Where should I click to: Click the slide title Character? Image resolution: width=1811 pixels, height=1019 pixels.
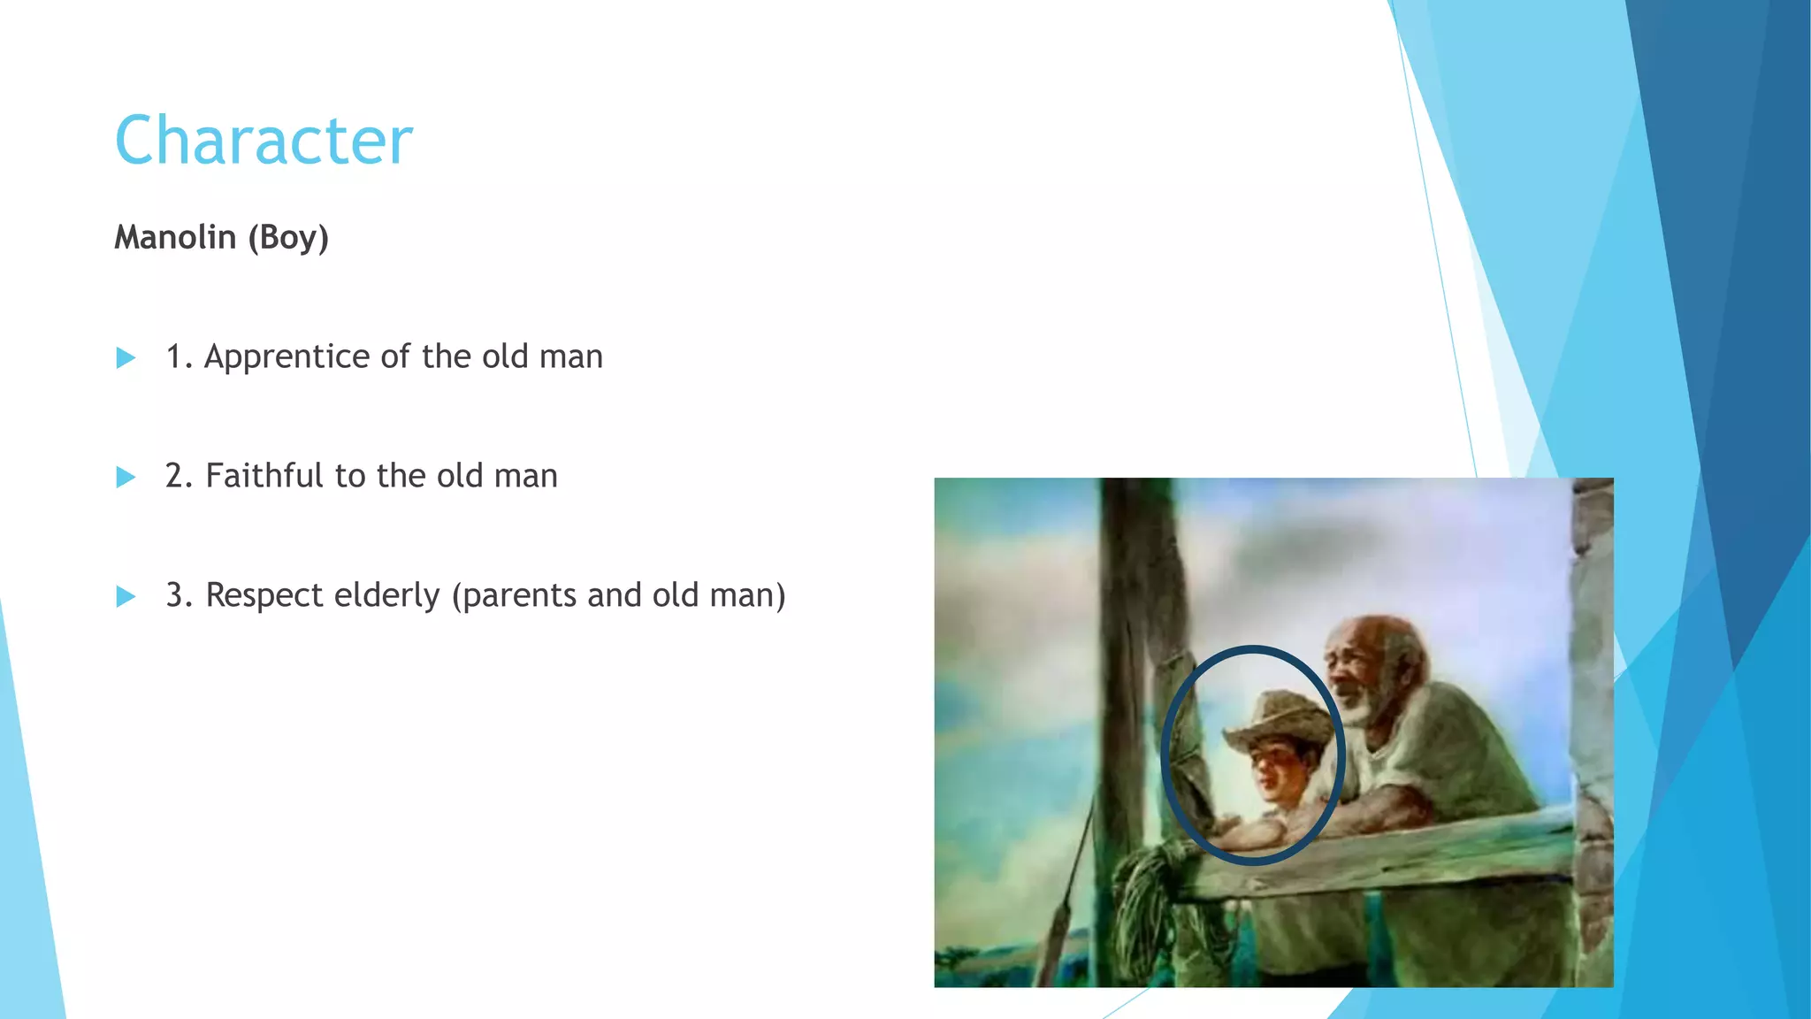pos(264,141)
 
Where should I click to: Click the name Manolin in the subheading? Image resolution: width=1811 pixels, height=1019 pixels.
pos(175,237)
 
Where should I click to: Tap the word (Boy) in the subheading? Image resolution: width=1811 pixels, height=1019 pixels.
pos(288,237)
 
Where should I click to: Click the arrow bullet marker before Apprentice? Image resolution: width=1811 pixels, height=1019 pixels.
pos(126,358)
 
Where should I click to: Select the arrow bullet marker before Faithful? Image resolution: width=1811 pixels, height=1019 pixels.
pos(126,478)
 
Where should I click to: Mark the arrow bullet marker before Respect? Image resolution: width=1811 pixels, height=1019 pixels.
pos(126,597)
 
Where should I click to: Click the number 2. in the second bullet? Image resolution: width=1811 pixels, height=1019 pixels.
pos(179,476)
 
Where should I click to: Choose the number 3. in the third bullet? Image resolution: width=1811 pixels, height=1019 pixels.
pos(180,595)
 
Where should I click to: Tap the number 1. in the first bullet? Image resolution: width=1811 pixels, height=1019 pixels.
pos(179,356)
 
